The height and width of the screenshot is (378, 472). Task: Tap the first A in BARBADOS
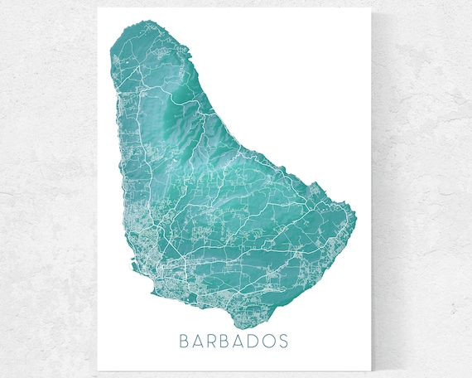click(199, 342)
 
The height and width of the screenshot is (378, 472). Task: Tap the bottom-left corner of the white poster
click(98, 371)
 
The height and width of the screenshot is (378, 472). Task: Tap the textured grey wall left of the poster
click(46, 191)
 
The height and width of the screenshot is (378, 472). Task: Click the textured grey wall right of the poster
click(422, 191)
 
